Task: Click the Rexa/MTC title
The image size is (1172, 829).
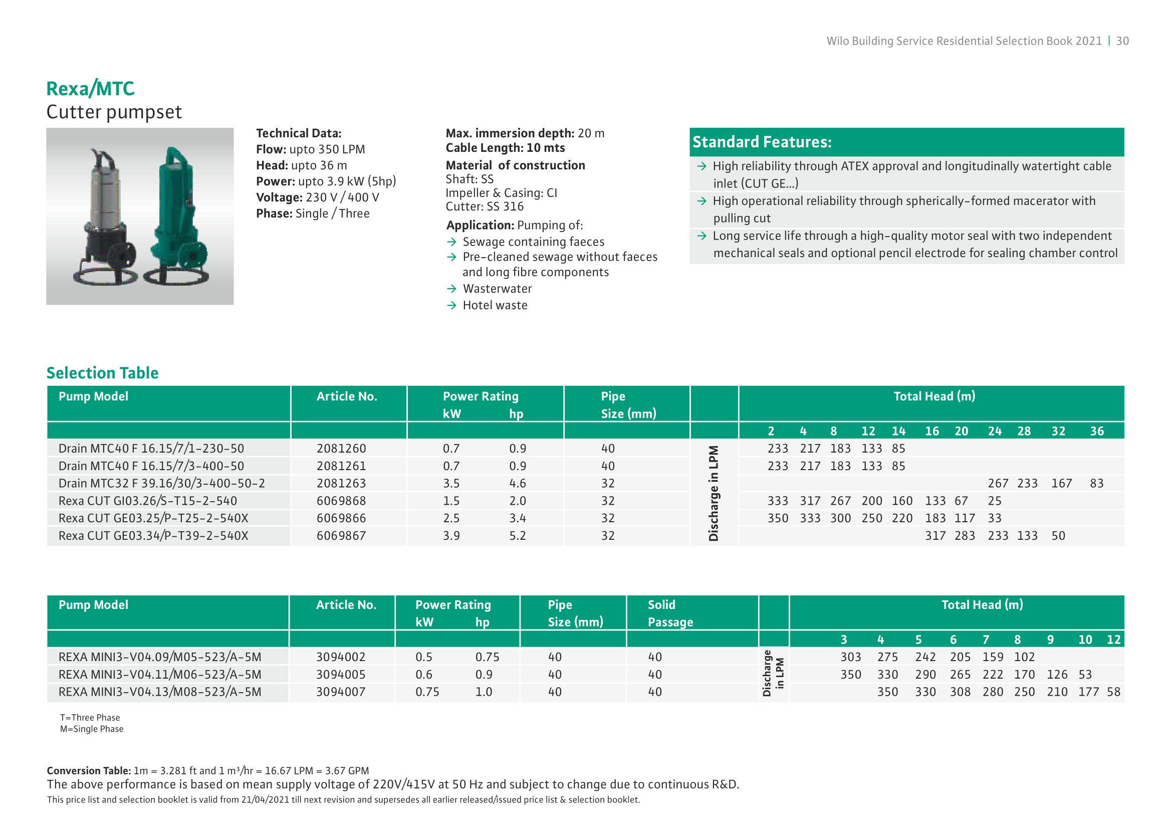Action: pyautogui.click(x=90, y=89)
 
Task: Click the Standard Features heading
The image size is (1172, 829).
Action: pyautogui.click(x=762, y=142)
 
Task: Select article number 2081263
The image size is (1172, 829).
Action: pyautogui.click(x=341, y=483)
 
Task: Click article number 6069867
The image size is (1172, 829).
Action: pyautogui.click(x=341, y=535)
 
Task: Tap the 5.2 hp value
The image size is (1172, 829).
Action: pyautogui.click(x=517, y=535)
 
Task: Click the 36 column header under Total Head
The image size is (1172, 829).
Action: pyautogui.click(x=1097, y=432)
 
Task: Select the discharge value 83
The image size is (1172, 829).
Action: pyautogui.click(x=1096, y=483)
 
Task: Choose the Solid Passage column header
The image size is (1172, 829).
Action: pyautogui.click(x=670, y=613)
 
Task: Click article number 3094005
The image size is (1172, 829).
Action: pyautogui.click(x=340, y=674)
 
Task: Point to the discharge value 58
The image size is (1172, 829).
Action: pyautogui.click(x=1113, y=692)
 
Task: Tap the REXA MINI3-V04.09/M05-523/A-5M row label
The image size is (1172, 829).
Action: pyautogui.click(x=160, y=657)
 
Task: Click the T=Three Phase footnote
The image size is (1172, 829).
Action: pyautogui.click(x=90, y=718)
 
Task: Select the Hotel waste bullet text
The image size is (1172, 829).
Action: pyautogui.click(x=495, y=305)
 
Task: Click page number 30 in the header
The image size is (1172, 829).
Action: pyautogui.click(x=1122, y=41)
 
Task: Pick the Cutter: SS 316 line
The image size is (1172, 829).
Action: pyautogui.click(x=485, y=206)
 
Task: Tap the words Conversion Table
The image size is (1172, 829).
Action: pyautogui.click(x=88, y=770)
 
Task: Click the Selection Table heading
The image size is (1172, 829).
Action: pyautogui.click(x=103, y=373)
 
